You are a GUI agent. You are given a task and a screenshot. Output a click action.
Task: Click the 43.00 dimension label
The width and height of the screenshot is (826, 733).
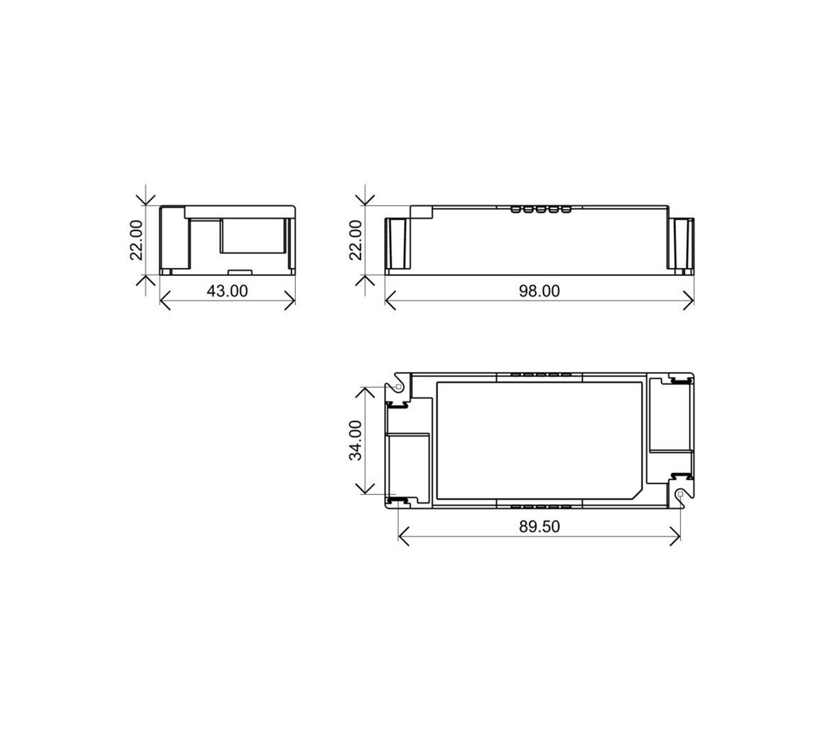pos(227,291)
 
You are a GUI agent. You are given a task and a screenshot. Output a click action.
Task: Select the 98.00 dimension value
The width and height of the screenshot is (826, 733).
pos(539,291)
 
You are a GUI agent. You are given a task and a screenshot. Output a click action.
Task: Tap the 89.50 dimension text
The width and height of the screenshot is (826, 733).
pos(539,527)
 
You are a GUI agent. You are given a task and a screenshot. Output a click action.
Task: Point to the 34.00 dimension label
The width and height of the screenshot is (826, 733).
pos(356,440)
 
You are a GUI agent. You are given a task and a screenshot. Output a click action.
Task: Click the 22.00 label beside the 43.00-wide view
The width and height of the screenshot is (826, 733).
pos(136,240)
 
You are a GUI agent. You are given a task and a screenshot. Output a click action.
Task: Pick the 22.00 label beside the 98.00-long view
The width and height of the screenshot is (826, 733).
pos(356,240)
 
